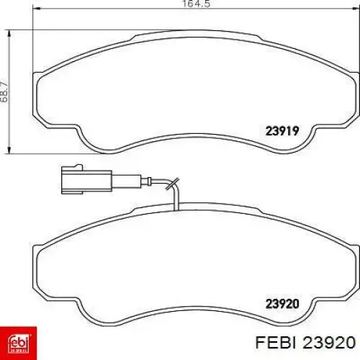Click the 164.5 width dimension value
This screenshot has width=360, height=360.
[197, 4]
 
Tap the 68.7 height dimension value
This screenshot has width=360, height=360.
[4, 92]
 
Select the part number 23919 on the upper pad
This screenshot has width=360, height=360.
[282, 131]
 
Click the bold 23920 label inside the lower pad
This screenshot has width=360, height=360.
[282, 304]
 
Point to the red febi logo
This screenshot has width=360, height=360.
[18, 343]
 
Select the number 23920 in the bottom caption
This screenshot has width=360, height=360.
[329, 342]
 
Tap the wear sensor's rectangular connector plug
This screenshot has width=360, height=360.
[86, 180]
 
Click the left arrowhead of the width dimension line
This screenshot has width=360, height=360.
[36, 9]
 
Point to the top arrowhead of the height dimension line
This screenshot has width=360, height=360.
[9, 34]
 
